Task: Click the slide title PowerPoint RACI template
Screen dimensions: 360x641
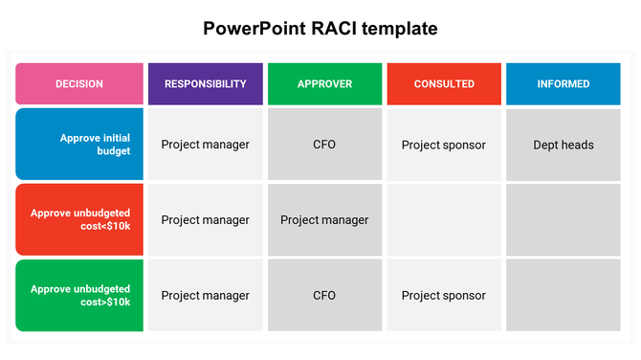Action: [x=320, y=29]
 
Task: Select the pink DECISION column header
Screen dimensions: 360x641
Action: [x=79, y=84]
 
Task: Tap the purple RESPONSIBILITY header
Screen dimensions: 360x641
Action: [x=205, y=84]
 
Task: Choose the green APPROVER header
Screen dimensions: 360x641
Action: [x=324, y=84]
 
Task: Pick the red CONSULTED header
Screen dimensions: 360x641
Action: [x=444, y=84]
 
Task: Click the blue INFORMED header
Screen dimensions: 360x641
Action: [x=564, y=84]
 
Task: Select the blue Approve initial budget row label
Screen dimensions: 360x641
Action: [x=79, y=145]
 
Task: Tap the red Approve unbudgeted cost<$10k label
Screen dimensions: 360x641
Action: [x=79, y=219]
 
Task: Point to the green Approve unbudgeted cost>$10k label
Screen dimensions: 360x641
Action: [x=79, y=295]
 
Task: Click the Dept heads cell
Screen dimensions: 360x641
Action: [x=564, y=146]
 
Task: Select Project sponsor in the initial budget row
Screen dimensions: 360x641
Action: [x=444, y=146]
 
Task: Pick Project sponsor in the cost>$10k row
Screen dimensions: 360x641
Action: [x=444, y=296]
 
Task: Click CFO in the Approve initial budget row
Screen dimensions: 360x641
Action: [x=324, y=146]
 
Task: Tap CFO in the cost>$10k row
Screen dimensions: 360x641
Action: [x=324, y=296]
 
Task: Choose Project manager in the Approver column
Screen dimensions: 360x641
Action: [x=324, y=220]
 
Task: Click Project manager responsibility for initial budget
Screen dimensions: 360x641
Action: [x=205, y=146]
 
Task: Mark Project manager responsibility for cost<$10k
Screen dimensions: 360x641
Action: [x=205, y=220]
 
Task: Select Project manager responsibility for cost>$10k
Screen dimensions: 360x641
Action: [x=205, y=296]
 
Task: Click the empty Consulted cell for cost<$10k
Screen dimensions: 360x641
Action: [x=444, y=220]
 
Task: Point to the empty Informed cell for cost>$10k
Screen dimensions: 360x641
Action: [x=564, y=296]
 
